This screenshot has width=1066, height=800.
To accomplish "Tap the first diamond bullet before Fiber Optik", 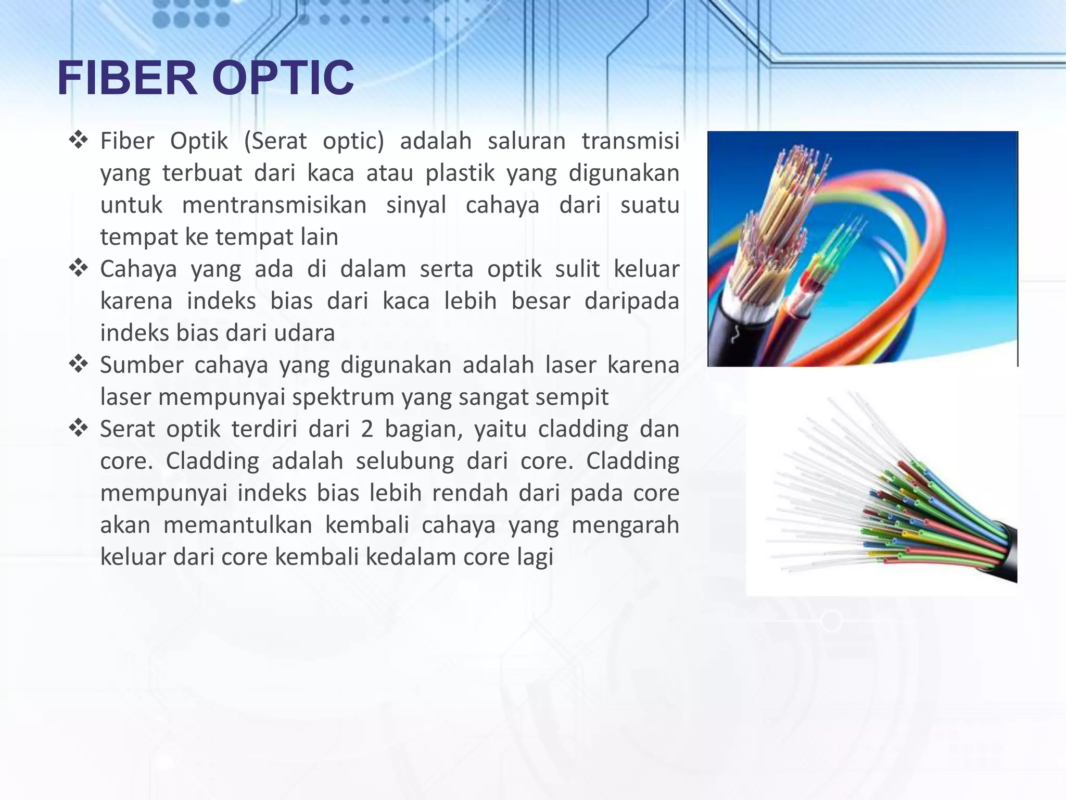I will click(78, 140).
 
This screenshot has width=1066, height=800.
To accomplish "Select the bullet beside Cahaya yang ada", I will click(78, 268).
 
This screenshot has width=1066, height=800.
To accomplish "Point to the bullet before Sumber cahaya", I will click(78, 364).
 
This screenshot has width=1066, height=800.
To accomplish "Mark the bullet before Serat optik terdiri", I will click(78, 428).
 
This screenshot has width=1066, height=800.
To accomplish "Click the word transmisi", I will click(630, 141).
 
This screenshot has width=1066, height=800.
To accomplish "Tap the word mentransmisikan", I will click(274, 205).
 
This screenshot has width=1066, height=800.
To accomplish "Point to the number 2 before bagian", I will click(367, 429).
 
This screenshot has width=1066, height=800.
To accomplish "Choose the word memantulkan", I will click(237, 525).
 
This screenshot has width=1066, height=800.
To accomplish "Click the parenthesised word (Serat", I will click(275, 141).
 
